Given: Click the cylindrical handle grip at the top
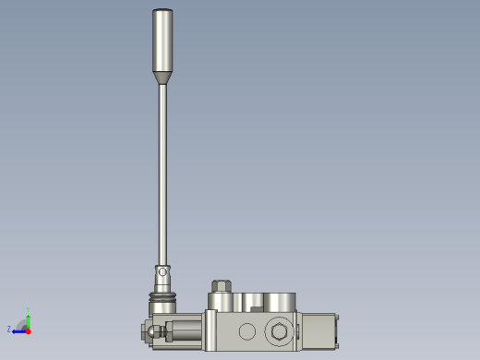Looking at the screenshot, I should coord(162,42).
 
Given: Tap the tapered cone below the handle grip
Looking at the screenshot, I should coord(162,80).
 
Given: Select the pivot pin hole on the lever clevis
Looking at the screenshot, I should coord(163,271).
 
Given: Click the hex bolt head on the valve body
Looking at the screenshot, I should coord(277,332).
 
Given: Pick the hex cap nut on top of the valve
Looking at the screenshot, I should coord(221,286).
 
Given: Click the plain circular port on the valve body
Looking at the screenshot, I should coord(246,331).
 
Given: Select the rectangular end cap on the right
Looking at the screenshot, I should coord(318,330).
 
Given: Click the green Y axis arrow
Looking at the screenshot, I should coord(28,318).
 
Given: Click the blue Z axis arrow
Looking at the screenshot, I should coord(18,330).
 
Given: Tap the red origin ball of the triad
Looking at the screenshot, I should coord(28,330).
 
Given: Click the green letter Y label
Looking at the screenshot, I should coord(29,310).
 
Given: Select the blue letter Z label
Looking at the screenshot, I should coord(9,329).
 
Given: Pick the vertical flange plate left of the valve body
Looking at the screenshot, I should coord(210,330).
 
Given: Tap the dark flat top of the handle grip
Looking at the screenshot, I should coord(162,10).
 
